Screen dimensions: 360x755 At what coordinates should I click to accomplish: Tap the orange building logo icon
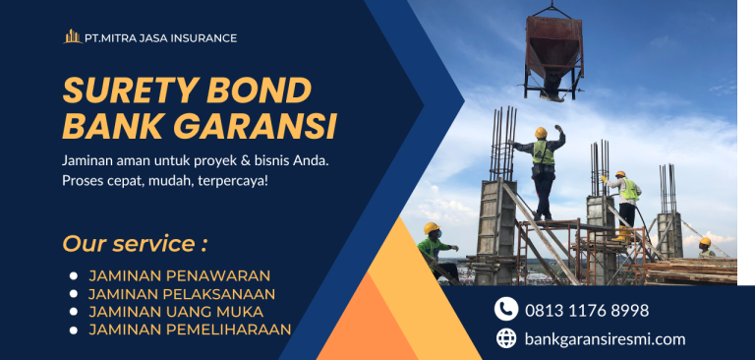tap(73, 37)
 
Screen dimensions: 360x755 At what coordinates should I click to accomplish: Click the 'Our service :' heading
tap(135, 243)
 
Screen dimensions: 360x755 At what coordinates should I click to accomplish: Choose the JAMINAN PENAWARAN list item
tap(179, 275)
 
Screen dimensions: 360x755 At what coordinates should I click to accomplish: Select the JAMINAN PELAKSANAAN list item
tap(182, 293)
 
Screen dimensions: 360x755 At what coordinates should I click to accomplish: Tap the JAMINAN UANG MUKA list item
tap(170, 311)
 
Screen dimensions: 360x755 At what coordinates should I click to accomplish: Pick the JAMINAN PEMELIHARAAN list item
tap(190, 330)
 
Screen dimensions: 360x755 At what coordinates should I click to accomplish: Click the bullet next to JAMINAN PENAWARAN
tap(72, 276)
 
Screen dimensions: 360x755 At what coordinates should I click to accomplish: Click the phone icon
tap(506, 310)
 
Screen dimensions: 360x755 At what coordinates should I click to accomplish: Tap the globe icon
tap(506, 338)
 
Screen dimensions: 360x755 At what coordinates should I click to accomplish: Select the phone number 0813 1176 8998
tap(587, 310)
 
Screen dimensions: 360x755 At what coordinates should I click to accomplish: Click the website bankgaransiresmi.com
tap(605, 338)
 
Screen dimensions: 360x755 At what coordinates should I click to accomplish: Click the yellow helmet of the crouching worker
tap(431, 228)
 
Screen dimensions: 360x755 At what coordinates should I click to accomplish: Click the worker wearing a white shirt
tap(625, 197)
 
